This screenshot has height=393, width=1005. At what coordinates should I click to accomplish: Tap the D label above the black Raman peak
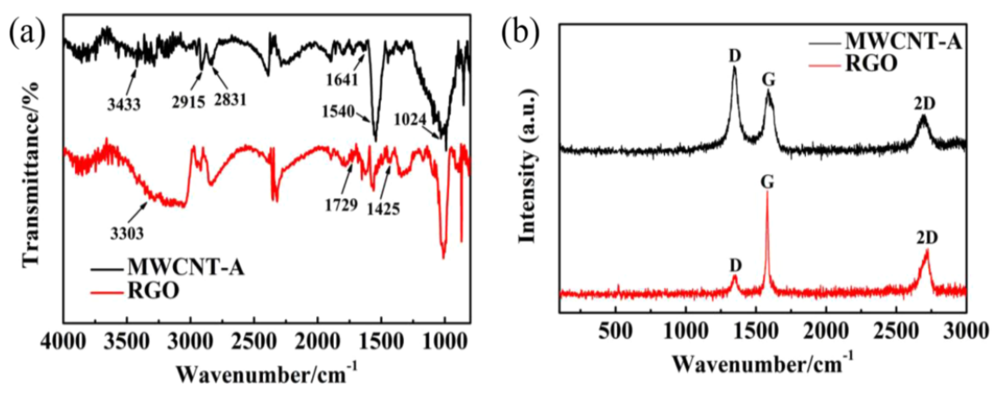click(x=734, y=54)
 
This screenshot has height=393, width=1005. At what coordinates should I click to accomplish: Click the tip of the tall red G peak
click(x=767, y=193)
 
